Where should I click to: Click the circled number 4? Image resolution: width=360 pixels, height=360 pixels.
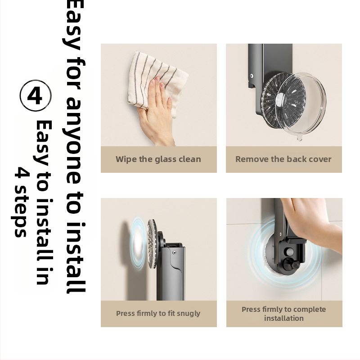point(36,95)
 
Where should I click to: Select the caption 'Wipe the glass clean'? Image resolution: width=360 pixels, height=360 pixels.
point(158,159)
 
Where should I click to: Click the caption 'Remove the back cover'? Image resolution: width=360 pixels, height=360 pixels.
point(283,159)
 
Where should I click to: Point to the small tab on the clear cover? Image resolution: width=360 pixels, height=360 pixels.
point(299,139)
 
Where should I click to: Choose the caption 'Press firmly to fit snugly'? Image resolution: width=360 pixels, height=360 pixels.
point(158,314)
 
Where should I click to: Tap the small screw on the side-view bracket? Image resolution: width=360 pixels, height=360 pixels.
point(174,252)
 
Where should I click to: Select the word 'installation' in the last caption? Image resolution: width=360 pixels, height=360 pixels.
point(284,319)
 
